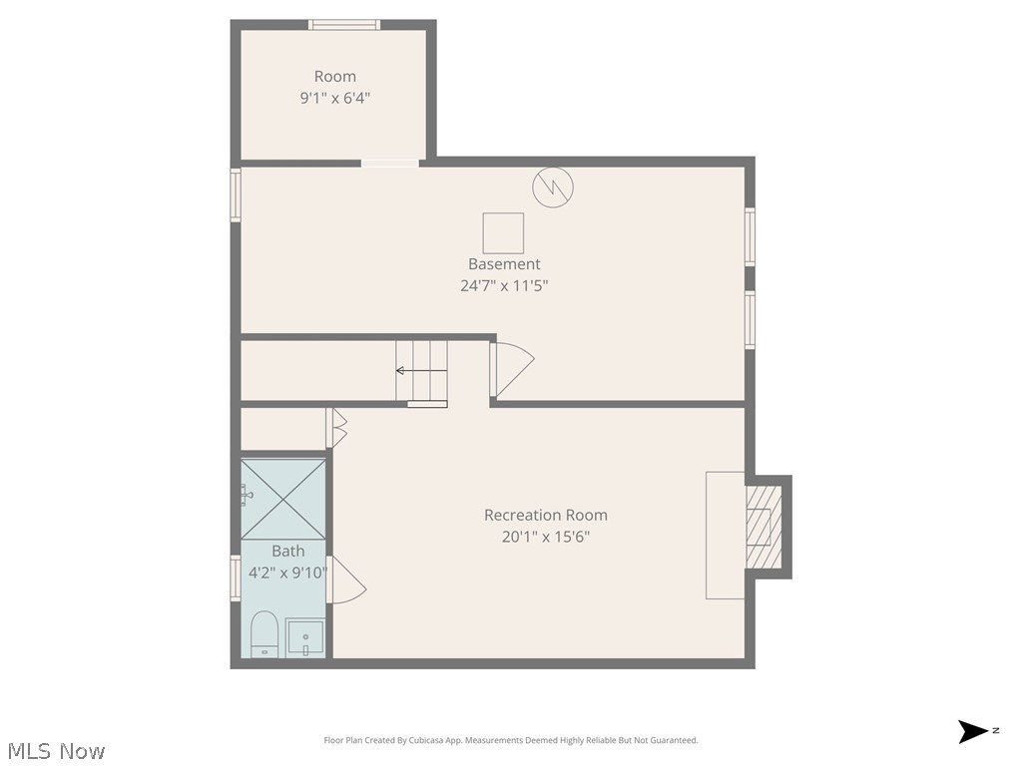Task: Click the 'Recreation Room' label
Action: [x=545, y=515]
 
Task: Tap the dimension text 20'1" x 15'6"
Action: [x=545, y=537]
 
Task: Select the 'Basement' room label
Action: [x=504, y=264]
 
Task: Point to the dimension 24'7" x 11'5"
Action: [x=504, y=286]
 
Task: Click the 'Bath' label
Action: [x=287, y=551]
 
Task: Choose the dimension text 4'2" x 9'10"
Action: [x=287, y=573]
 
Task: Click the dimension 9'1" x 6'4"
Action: [x=334, y=98]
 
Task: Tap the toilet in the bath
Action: [x=263, y=634]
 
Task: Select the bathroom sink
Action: [x=305, y=637]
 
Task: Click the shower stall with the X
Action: [x=283, y=498]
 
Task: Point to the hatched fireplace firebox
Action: [x=764, y=526]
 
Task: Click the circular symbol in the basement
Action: [x=553, y=187]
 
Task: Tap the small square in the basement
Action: [x=503, y=232]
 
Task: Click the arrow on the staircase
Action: [x=407, y=370]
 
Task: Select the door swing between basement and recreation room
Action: [x=513, y=365]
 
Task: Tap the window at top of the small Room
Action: [x=343, y=25]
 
